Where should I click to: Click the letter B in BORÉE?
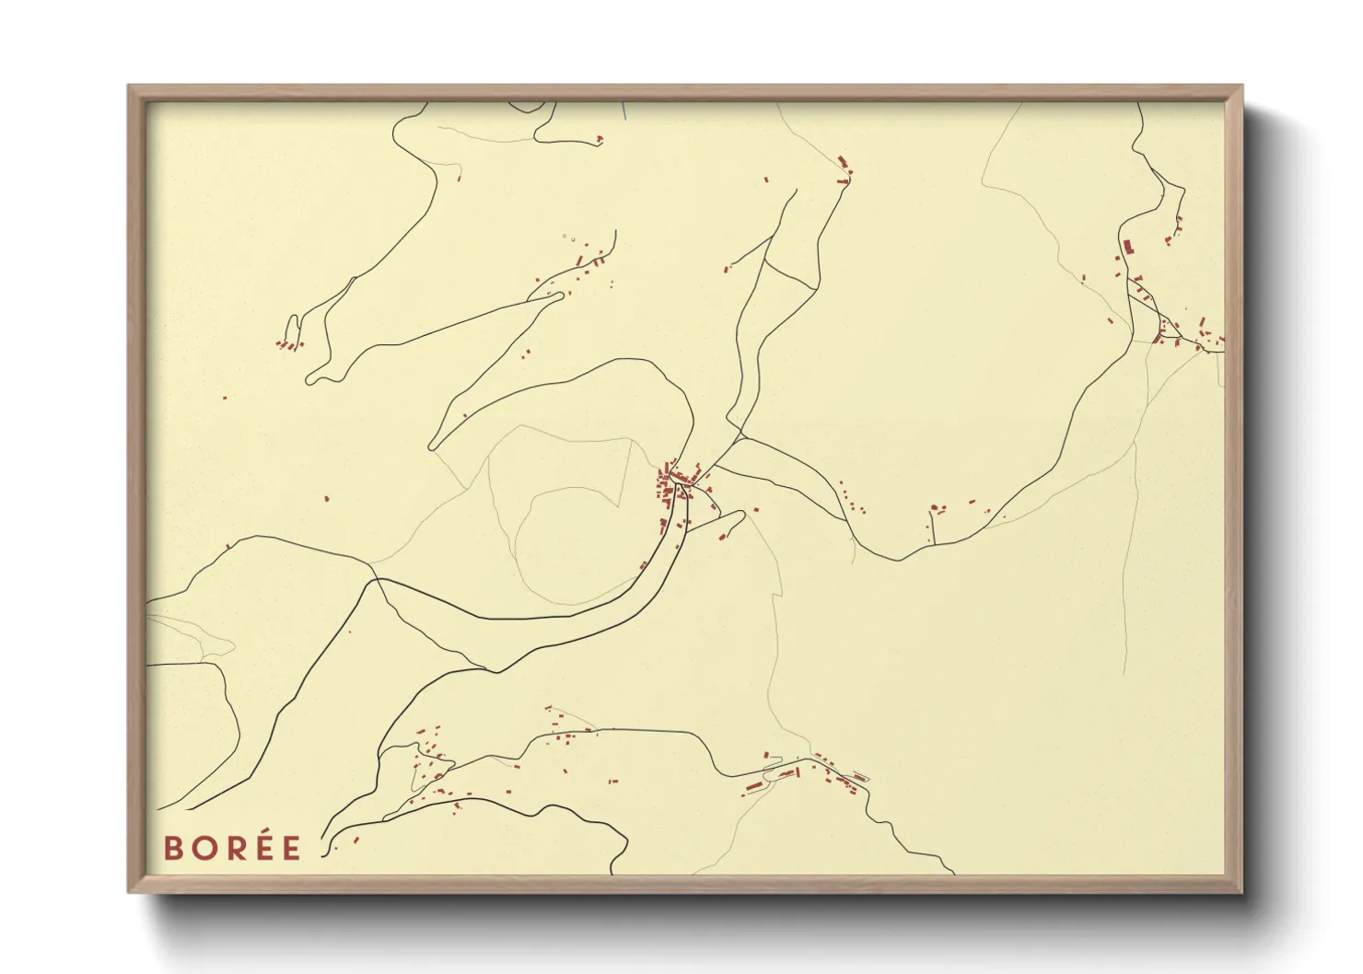click(x=172, y=848)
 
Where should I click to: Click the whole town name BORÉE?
click(x=232, y=848)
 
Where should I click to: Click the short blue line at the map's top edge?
click(x=624, y=110)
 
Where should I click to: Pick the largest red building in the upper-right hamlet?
click(x=1126, y=247)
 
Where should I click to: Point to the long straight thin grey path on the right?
click(x=1129, y=552)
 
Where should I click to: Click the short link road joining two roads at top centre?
click(x=790, y=274)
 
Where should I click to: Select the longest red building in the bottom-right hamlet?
click(x=753, y=786)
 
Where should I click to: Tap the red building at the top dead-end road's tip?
click(x=600, y=139)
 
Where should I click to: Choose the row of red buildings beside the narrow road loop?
click(x=289, y=345)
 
